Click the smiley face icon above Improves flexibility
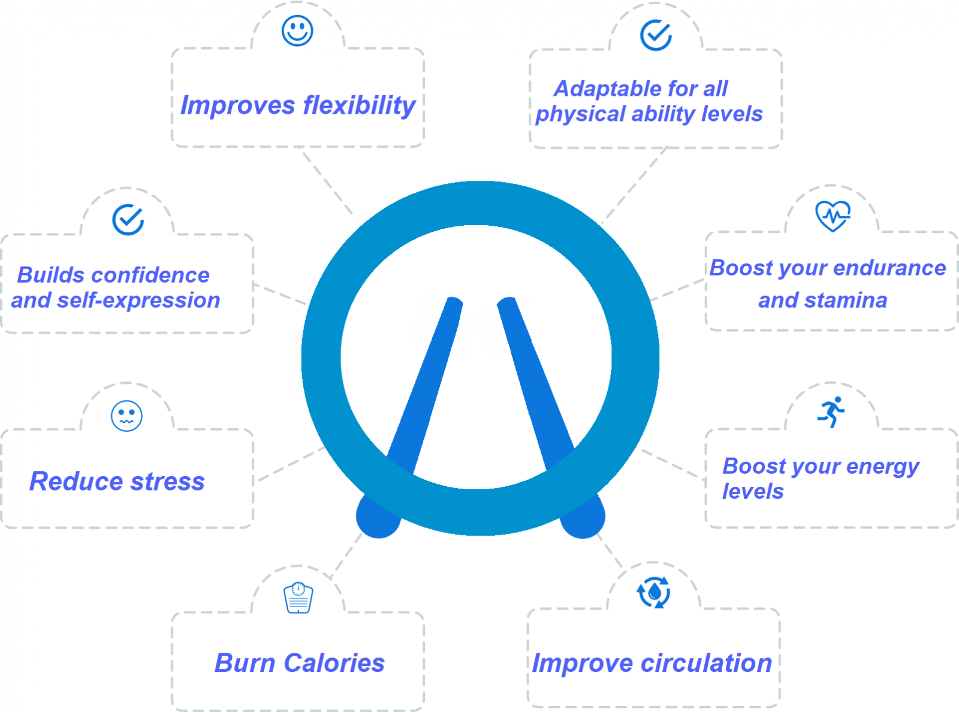pyautogui.click(x=297, y=31)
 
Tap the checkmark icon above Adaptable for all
pyautogui.click(x=656, y=35)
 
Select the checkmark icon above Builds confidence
pyautogui.click(x=128, y=220)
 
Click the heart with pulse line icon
pyautogui.click(x=833, y=216)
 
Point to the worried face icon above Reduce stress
pyautogui.click(x=126, y=416)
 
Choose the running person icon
pyautogui.click(x=831, y=412)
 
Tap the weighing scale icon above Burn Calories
pyautogui.click(x=298, y=598)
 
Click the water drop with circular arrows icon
pyautogui.click(x=654, y=592)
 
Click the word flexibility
pyautogui.click(x=359, y=105)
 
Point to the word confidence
pyautogui.click(x=150, y=275)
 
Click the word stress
pyautogui.click(x=167, y=481)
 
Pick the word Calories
pyautogui.click(x=334, y=663)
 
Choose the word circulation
pyautogui.click(x=706, y=663)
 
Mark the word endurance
pyautogui.click(x=889, y=268)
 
